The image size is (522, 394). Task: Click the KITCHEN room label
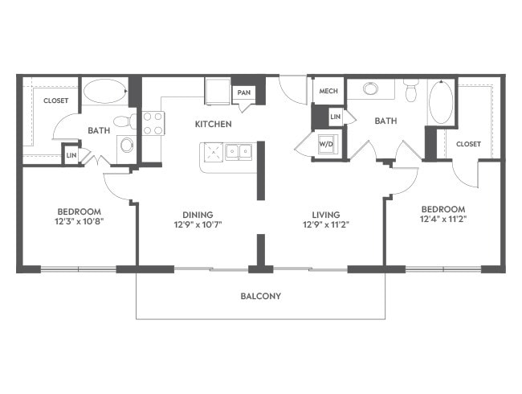click(x=213, y=124)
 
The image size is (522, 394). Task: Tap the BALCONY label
click(x=261, y=296)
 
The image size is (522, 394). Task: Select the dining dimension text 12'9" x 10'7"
click(x=198, y=224)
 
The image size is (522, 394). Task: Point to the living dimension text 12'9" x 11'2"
click(x=326, y=224)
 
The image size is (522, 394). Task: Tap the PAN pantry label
click(x=243, y=92)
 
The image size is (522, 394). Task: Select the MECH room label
click(x=328, y=91)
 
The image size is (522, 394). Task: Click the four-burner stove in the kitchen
click(x=153, y=123)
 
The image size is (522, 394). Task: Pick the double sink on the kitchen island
click(x=239, y=152)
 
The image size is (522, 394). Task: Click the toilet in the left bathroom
click(x=125, y=121)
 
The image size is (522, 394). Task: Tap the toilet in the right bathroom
click(x=411, y=91)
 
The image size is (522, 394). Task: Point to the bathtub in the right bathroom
click(x=441, y=101)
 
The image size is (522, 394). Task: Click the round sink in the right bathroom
click(x=370, y=88)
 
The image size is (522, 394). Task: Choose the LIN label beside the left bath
click(x=71, y=155)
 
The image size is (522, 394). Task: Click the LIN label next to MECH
click(x=335, y=117)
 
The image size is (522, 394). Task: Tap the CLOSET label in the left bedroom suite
click(x=56, y=101)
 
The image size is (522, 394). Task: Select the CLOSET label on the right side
click(x=468, y=144)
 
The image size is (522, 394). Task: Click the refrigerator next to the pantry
click(x=218, y=92)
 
